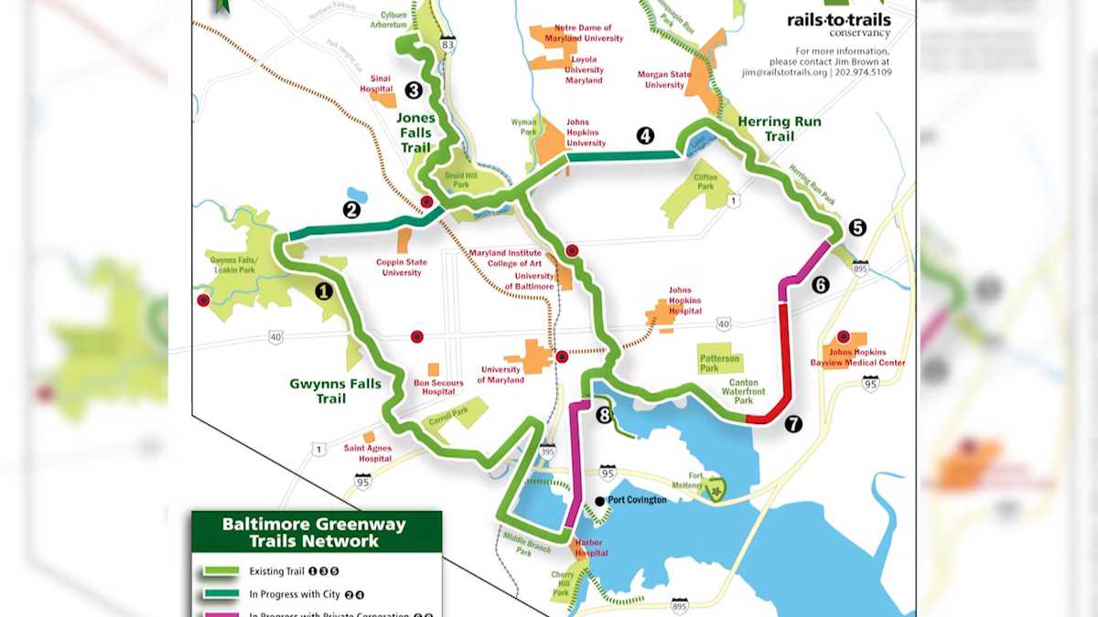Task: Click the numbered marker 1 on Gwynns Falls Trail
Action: (322, 292)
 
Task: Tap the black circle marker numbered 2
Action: (351, 209)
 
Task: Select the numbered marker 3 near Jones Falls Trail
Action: (413, 90)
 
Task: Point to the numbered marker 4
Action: (645, 136)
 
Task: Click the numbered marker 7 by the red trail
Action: (792, 423)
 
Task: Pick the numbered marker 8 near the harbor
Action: (603, 416)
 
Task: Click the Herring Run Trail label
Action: (780, 129)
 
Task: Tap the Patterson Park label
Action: (720, 364)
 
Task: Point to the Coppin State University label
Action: (401, 267)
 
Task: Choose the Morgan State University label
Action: (664, 80)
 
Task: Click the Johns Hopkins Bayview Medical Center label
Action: (866, 357)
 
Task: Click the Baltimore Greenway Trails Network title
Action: (314, 533)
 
